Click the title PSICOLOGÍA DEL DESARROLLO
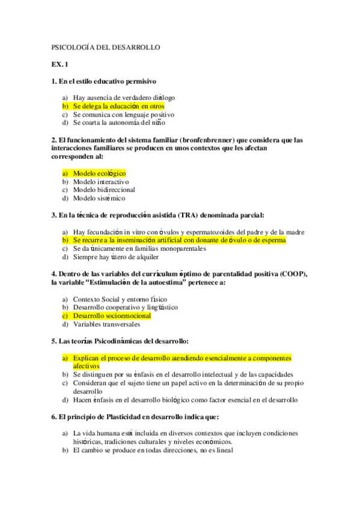[x=105, y=47]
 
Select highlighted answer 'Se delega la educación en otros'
[x=118, y=106]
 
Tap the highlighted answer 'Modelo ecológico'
[x=99, y=173]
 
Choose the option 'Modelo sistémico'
[x=99, y=198]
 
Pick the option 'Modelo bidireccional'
[x=104, y=189]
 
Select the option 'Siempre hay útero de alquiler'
[x=120, y=257]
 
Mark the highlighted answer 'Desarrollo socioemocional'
[x=112, y=316]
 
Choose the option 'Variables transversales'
[x=106, y=324]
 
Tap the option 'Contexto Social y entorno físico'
[x=120, y=299]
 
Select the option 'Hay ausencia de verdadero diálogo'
[x=124, y=97]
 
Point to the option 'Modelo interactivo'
[x=101, y=182]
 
